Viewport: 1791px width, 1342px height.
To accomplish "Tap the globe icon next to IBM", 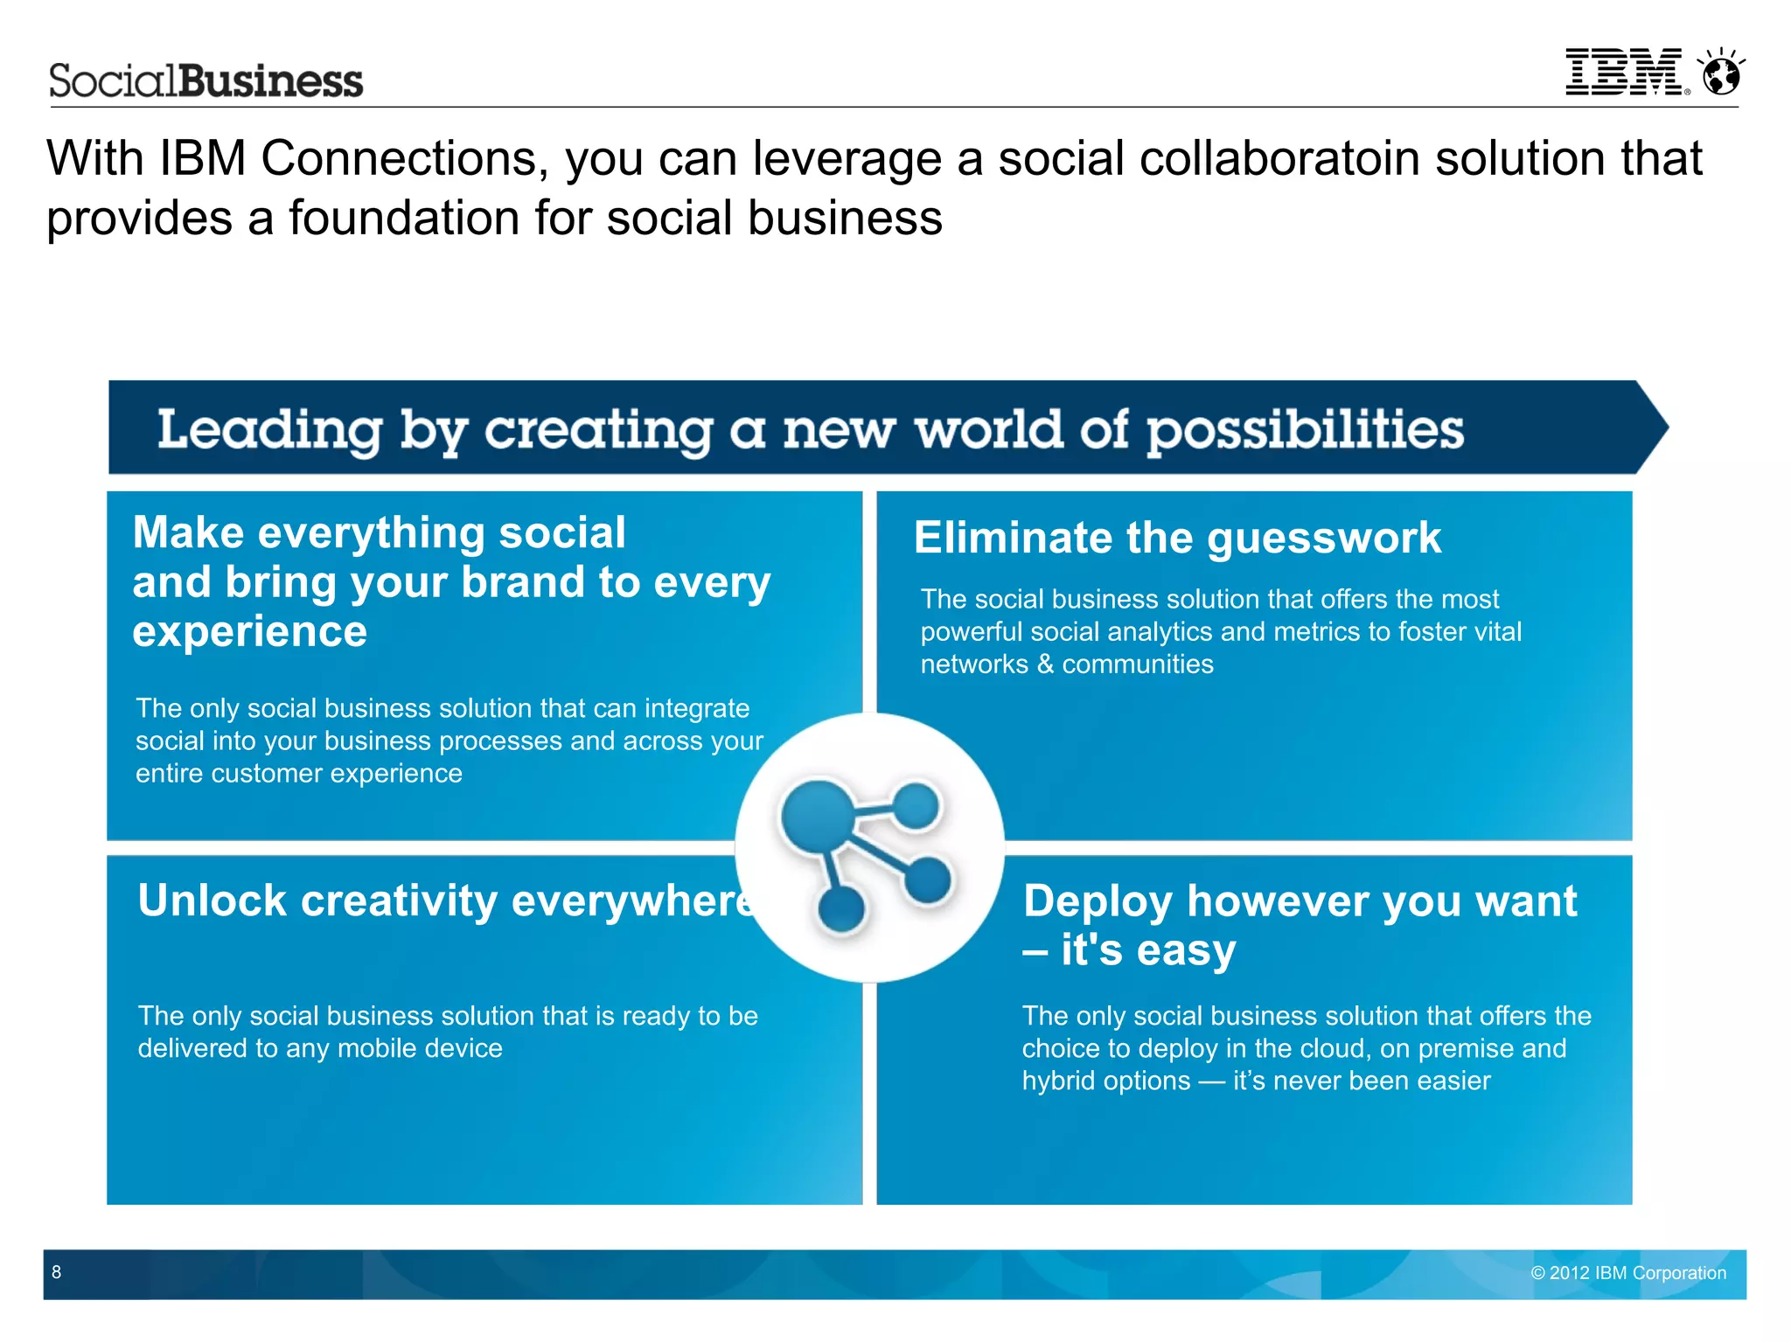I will pos(1721,73).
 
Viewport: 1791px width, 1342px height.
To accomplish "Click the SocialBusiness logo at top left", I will pos(206,80).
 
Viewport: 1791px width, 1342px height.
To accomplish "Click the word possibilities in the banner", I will pos(1305,430).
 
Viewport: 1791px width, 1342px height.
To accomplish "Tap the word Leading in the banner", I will pos(269,430).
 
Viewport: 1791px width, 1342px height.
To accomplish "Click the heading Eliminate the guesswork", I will pos(1177,537).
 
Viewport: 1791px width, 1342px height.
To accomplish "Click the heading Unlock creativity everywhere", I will pos(446,900).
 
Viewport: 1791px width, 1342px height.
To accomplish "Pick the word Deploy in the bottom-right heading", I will pos(1098,900).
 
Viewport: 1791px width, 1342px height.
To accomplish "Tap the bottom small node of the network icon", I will pos(841,910).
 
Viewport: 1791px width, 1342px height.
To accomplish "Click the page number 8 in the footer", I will pos(57,1272).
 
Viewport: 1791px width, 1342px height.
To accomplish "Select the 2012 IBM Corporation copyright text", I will pos(1628,1273).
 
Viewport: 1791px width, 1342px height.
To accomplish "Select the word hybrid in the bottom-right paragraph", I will pos(1062,1081).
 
